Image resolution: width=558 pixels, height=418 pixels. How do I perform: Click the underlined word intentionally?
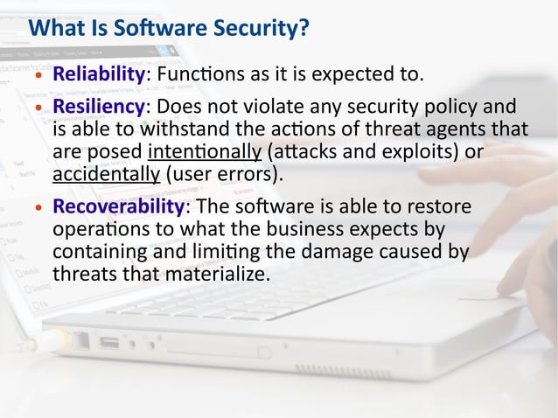click(x=206, y=152)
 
